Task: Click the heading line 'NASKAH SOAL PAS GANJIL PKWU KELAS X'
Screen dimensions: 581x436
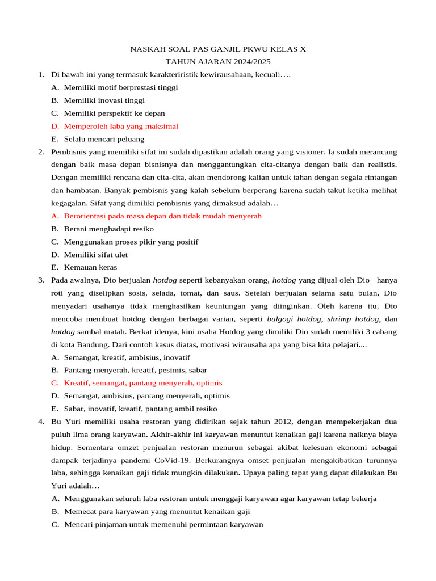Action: pyautogui.click(x=218, y=49)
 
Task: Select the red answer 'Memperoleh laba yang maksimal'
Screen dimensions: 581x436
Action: pyautogui.click(x=121, y=126)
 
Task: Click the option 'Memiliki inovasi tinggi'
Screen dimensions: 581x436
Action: pyautogui.click(x=104, y=100)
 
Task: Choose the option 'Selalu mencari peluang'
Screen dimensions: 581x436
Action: pyautogui.click(x=104, y=139)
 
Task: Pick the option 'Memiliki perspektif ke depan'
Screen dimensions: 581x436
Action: pyautogui.click(x=114, y=113)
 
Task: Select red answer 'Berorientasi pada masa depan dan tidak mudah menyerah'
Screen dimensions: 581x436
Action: pyautogui.click(x=162, y=216)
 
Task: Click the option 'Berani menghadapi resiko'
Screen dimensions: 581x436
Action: pyautogui.click(x=108, y=229)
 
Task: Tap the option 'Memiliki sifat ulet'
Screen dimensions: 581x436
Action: pyautogui.click(x=95, y=255)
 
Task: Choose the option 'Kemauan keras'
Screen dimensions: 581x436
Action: pyautogui.click(x=90, y=267)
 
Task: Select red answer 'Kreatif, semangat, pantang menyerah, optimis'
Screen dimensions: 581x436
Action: pyautogui.click(x=143, y=383)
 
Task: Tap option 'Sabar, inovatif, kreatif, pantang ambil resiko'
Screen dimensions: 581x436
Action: pyautogui.click(x=140, y=409)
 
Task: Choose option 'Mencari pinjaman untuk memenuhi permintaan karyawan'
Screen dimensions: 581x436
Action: pyautogui.click(x=163, y=524)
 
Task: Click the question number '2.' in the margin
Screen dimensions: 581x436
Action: pyautogui.click(x=41, y=152)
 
